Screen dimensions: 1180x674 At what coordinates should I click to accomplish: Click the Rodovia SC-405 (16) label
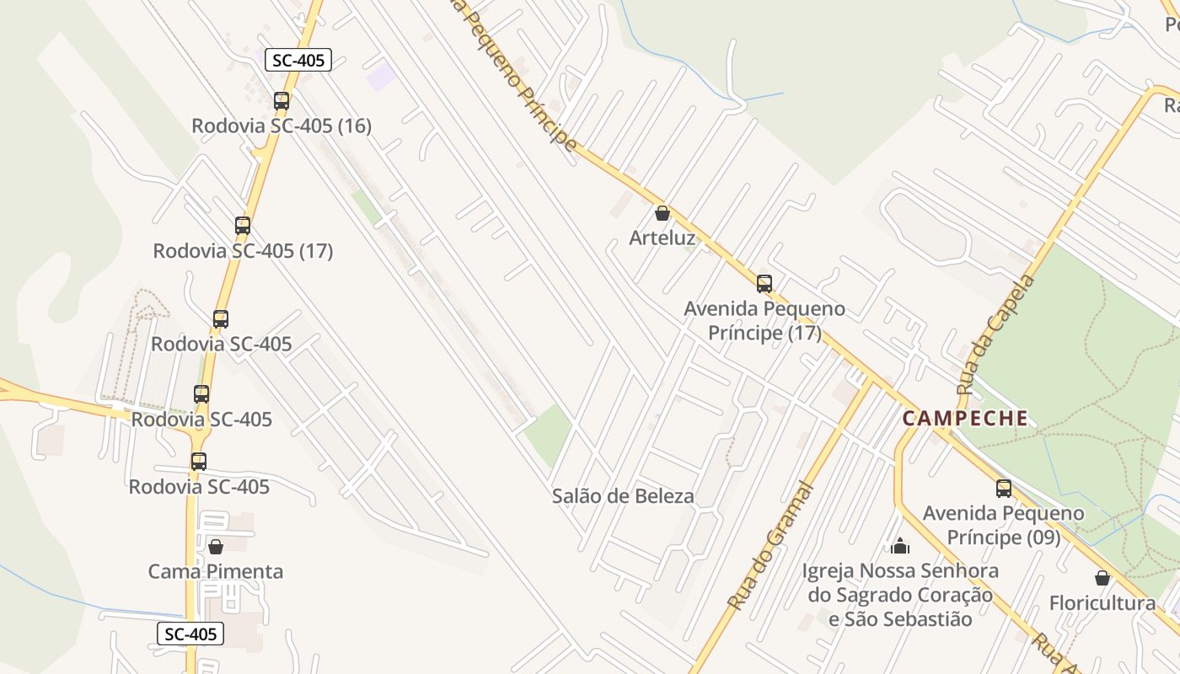click(x=282, y=126)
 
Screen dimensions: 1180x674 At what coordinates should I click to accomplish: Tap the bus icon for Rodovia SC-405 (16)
click(x=282, y=101)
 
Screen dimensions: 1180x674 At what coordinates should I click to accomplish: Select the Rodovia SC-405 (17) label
click(x=243, y=251)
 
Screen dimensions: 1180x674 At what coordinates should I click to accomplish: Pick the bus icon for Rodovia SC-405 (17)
click(x=243, y=226)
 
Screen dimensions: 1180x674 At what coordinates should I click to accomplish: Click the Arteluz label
click(x=662, y=238)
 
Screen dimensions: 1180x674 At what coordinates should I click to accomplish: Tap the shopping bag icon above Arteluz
click(x=662, y=213)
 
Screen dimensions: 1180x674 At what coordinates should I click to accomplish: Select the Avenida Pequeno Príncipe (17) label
click(x=764, y=321)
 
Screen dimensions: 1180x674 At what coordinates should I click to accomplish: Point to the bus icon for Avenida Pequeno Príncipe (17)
click(x=764, y=283)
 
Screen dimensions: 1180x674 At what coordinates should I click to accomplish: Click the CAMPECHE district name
click(x=965, y=418)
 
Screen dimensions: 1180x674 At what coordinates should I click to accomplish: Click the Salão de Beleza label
click(x=623, y=496)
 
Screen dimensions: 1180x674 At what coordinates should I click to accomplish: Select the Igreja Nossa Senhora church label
click(x=900, y=595)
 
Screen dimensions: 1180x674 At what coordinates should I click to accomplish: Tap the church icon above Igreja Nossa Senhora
click(x=900, y=546)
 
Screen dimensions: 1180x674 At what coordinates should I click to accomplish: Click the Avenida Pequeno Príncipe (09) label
click(x=1003, y=525)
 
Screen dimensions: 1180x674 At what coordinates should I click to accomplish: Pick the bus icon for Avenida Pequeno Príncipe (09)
click(x=1003, y=488)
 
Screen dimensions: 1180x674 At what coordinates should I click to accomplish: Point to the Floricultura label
click(x=1102, y=603)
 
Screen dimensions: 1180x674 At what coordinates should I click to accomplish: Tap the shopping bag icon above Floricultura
click(x=1102, y=578)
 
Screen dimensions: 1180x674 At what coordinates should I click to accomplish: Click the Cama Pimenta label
click(x=216, y=572)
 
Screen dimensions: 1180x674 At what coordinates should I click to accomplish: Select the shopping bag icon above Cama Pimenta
click(x=216, y=547)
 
